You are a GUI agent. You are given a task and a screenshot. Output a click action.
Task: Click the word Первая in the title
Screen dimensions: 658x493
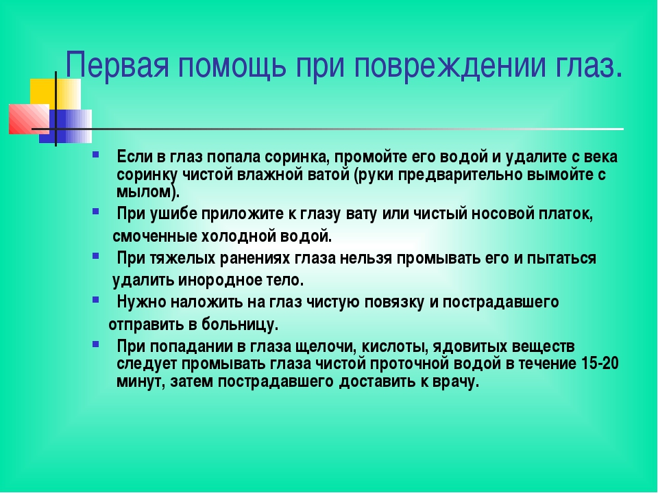point(117,64)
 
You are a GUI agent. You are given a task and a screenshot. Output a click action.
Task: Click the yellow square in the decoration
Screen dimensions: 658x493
point(56,94)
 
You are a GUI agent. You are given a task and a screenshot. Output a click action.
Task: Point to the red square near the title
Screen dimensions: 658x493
point(29,118)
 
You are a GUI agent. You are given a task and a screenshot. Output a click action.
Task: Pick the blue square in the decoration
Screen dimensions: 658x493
point(66,126)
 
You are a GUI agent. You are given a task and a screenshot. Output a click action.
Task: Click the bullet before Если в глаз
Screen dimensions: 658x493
point(96,154)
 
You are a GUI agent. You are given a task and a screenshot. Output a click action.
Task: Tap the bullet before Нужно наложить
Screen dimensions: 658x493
point(96,300)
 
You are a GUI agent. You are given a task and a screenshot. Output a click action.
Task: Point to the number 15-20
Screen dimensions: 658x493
point(600,363)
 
